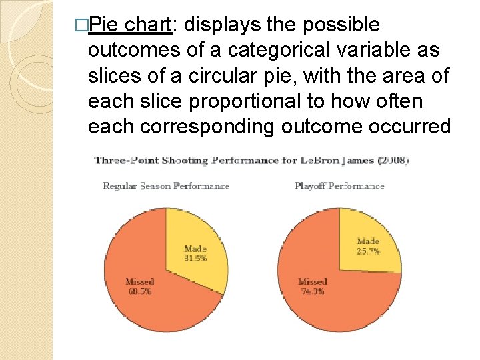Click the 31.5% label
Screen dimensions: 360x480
pyautogui.click(x=195, y=258)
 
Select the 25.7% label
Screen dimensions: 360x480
pyautogui.click(x=368, y=251)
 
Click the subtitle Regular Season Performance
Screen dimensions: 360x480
pyautogui.click(x=166, y=186)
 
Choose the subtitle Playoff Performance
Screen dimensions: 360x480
pyautogui.click(x=339, y=186)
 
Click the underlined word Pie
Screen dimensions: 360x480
pyautogui.click(x=103, y=25)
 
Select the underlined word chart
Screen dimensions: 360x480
pyautogui.click(x=149, y=25)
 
